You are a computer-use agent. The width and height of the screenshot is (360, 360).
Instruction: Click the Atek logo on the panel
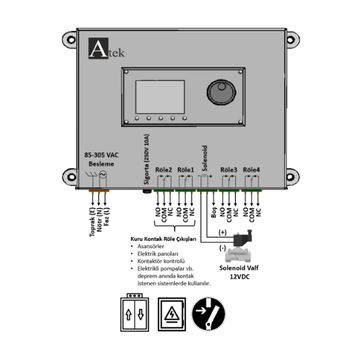106,49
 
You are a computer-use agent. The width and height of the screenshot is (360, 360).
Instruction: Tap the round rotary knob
220,93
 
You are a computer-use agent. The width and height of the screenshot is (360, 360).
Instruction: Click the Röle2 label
164,169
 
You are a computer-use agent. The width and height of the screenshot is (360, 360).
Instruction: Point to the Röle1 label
186,169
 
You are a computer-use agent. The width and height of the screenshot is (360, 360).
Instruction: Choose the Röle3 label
229,169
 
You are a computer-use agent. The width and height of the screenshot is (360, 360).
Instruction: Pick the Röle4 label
252,169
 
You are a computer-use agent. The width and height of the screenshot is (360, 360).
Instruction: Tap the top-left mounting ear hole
71,41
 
